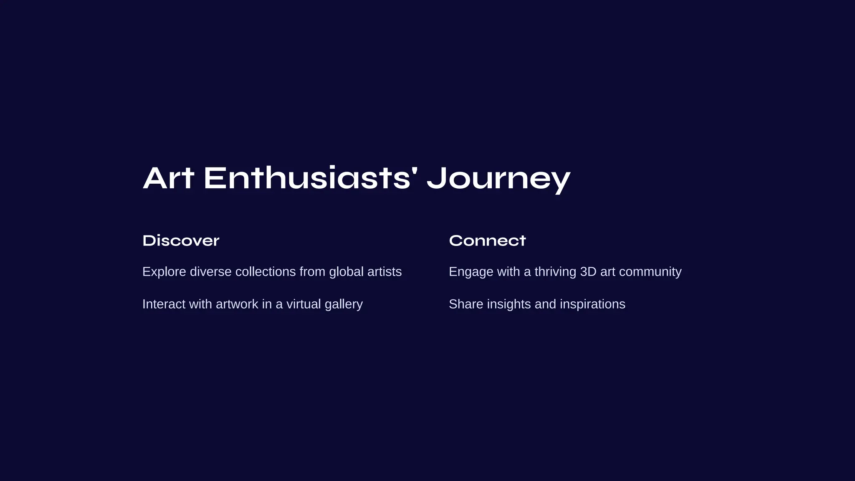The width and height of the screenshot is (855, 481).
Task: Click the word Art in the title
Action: (168, 178)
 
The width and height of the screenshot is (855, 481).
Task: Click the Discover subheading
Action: (181, 240)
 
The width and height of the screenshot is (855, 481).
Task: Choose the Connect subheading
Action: (487, 240)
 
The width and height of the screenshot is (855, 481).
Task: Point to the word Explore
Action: (164, 272)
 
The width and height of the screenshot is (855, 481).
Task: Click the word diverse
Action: (210, 272)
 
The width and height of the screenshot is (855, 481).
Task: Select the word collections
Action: (266, 272)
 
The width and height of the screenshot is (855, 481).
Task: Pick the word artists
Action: (384, 272)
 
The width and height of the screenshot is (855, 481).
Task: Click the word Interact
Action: (164, 304)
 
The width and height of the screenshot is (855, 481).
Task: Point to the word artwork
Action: (237, 304)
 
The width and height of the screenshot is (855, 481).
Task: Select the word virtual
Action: (304, 304)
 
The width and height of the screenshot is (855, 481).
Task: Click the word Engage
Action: (471, 272)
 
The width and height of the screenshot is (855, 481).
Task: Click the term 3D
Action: (588, 272)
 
